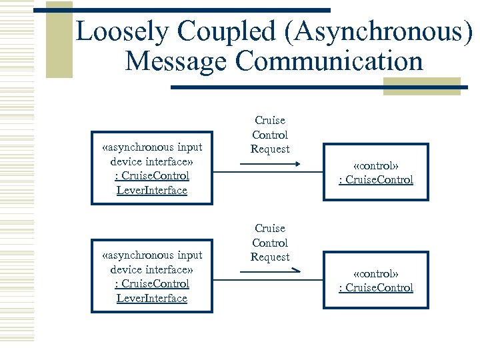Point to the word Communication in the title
pos(329,61)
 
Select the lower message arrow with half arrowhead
pos(270,271)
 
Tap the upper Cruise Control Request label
pos(270,135)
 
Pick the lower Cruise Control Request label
pos(270,243)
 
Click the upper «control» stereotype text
pos(376,165)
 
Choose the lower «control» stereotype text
pos(376,273)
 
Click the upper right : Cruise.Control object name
pos(376,180)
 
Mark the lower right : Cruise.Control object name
pos(376,288)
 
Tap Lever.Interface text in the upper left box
pos(152,191)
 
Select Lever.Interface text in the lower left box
pos(152,299)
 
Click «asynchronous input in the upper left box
pos(152,147)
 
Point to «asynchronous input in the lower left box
pos(152,255)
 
